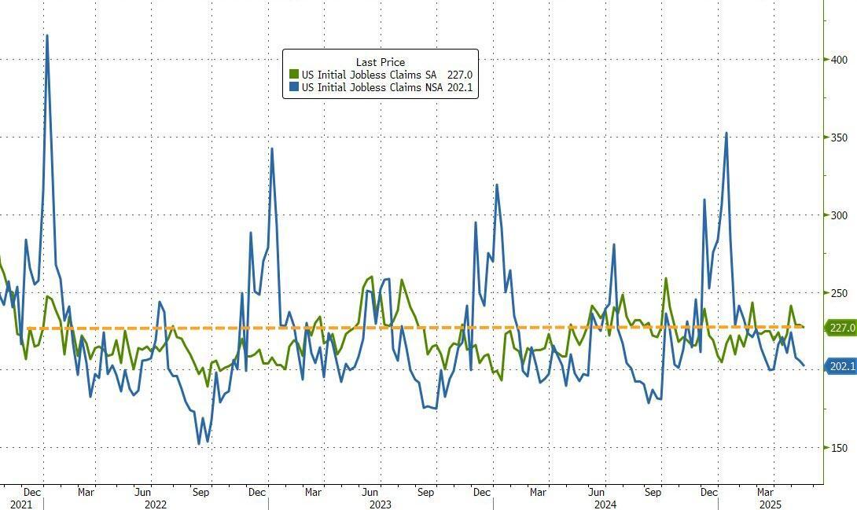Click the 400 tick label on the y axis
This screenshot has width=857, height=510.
pos(837,60)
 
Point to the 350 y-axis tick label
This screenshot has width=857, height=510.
pos(837,138)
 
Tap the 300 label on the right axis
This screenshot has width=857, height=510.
pos(837,215)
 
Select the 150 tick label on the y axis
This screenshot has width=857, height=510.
pos(837,448)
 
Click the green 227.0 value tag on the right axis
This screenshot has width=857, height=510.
pos(840,328)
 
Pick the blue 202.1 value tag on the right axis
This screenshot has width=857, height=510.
pos(840,366)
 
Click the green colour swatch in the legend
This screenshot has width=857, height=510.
pos(294,75)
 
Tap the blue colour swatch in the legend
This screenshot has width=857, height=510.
pos(294,87)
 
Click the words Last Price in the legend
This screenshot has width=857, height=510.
pos(381,62)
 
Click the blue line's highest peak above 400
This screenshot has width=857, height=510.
pos(47,35)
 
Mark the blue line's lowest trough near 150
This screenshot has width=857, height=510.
pos(199,444)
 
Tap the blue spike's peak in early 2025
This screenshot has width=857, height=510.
pos(726,133)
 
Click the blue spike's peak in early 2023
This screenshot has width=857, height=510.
pos(271,149)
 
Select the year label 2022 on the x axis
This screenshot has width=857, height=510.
pos(156,504)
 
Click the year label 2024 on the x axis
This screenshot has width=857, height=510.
pos(605,504)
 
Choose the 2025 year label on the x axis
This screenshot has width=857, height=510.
pos(770,504)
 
